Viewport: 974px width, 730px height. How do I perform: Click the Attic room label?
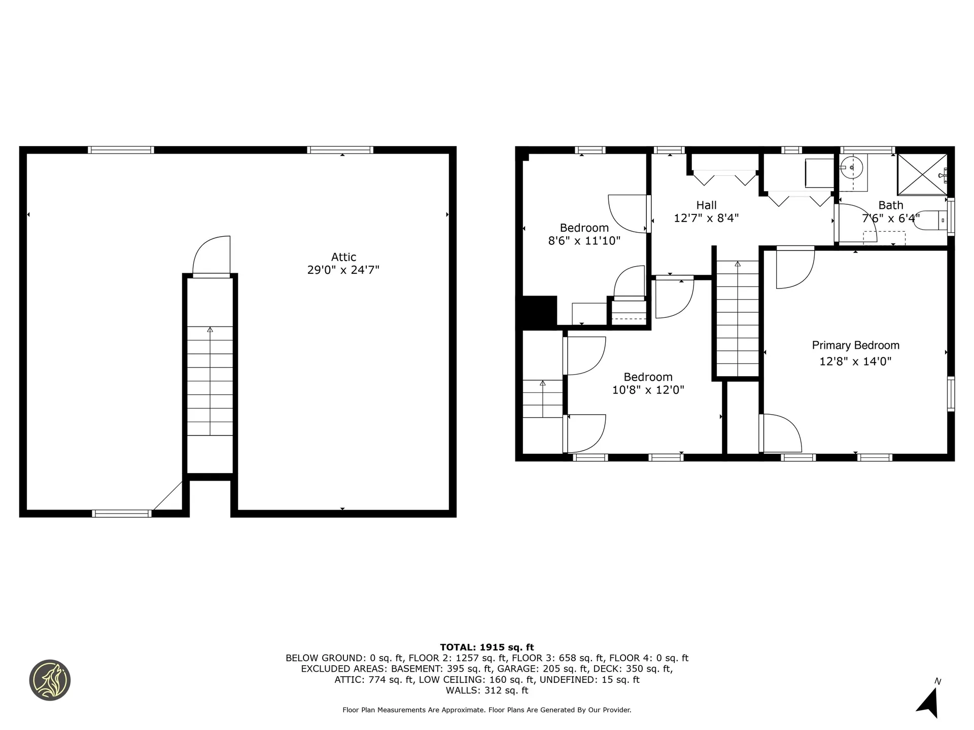pyautogui.click(x=343, y=257)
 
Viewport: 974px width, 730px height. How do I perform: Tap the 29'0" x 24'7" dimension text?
pyautogui.click(x=343, y=270)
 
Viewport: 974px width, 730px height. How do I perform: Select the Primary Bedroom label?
pyautogui.click(x=855, y=345)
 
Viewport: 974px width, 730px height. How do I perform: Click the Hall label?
pyautogui.click(x=706, y=205)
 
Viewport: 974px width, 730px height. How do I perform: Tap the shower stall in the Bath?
pyautogui.click(x=922, y=174)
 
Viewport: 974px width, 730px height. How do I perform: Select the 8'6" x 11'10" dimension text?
pyautogui.click(x=584, y=241)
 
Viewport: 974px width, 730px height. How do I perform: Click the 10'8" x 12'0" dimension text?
pyautogui.click(x=648, y=390)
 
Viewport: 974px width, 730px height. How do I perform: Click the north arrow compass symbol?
pyautogui.click(x=929, y=702)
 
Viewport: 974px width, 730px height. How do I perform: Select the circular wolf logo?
pyautogui.click(x=50, y=680)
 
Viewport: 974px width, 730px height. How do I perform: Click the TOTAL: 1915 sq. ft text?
pyautogui.click(x=486, y=647)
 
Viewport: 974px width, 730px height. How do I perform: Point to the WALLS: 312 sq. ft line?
pyautogui.click(x=486, y=690)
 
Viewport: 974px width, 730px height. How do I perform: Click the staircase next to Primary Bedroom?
pyautogui.click(x=737, y=319)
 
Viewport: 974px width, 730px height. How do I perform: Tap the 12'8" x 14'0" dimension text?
pyautogui.click(x=855, y=361)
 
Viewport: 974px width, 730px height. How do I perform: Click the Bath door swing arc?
pyautogui.click(x=857, y=221)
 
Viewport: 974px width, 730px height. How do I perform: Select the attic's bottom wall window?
pyautogui.click(x=122, y=514)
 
